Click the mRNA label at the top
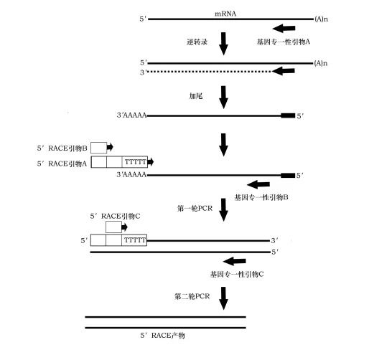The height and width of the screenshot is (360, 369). (225, 14)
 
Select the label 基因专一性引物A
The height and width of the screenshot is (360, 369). (284, 42)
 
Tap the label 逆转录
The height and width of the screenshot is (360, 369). (197, 42)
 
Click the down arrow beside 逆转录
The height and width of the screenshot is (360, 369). (223, 44)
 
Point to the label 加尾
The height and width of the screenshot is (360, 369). (196, 96)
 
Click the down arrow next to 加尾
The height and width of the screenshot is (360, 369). (223, 98)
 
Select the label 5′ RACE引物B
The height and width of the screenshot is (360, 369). (62, 148)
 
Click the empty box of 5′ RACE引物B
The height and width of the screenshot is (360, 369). (99, 148)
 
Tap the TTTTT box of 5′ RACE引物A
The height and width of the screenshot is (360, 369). (135, 162)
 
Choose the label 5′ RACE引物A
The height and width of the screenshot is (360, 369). (62, 164)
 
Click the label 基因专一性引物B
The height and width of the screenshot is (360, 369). (261, 197)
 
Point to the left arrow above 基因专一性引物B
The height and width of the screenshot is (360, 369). (258, 184)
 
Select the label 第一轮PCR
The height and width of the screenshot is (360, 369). (195, 208)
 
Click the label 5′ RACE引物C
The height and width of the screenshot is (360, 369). (115, 216)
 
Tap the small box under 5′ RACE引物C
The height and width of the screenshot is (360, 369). (113, 227)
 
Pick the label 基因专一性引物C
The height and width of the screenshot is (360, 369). (237, 274)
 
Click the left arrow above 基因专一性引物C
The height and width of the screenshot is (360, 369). (235, 261)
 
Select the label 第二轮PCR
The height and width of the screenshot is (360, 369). (192, 296)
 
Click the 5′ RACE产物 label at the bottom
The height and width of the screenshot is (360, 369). (162, 336)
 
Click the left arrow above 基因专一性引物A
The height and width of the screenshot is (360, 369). (284, 29)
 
